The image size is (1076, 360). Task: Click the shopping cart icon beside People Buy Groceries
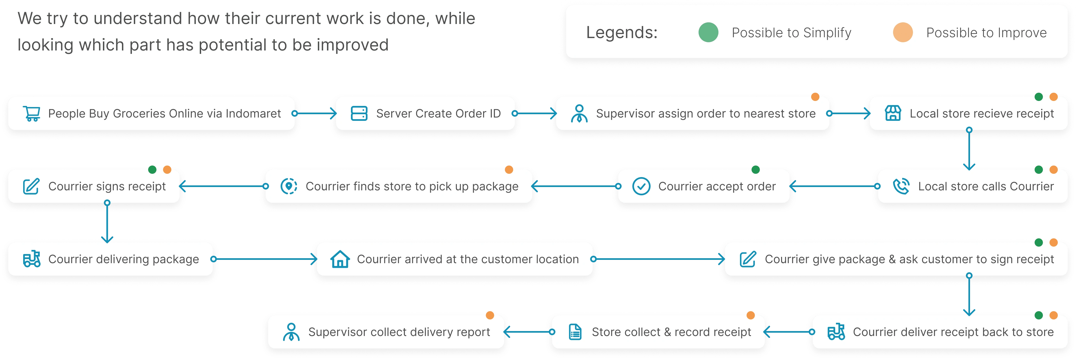(32, 114)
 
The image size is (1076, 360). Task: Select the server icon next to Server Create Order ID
(359, 114)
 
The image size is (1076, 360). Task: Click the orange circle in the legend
(903, 33)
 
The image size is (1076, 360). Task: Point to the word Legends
(622, 33)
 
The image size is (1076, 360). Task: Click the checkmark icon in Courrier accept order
(641, 186)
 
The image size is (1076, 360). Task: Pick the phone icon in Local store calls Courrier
(901, 186)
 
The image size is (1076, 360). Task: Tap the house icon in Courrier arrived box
(340, 259)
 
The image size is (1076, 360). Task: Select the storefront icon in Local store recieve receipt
(893, 114)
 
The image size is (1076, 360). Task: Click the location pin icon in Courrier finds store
(289, 186)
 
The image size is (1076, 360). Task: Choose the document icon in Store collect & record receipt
(575, 332)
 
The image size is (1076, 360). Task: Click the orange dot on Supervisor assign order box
(815, 97)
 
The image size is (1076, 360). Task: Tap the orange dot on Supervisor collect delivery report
(490, 315)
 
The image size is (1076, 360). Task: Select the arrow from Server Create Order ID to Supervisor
(536, 114)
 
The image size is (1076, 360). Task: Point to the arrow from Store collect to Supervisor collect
(528, 332)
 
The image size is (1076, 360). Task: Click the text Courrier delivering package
(124, 259)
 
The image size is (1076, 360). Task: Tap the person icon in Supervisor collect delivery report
(291, 332)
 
